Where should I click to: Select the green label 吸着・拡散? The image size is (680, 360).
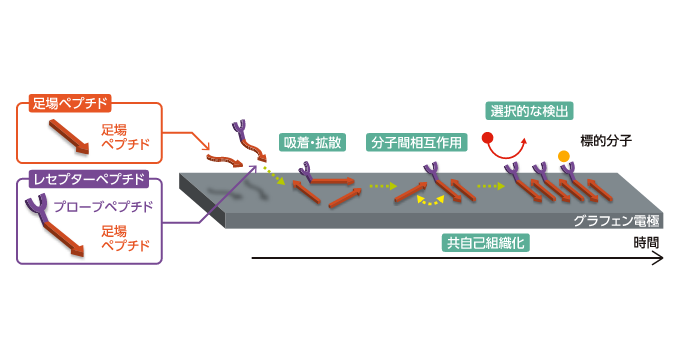click(313, 142)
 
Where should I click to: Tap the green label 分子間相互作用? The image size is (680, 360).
click(417, 142)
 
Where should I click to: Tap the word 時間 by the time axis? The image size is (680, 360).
click(646, 242)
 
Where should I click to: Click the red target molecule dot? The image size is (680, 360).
click(488, 138)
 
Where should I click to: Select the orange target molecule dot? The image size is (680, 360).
click(564, 156)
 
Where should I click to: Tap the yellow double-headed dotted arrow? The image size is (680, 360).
click(431, 200)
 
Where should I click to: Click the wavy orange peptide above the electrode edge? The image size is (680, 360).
click(225, 159)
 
